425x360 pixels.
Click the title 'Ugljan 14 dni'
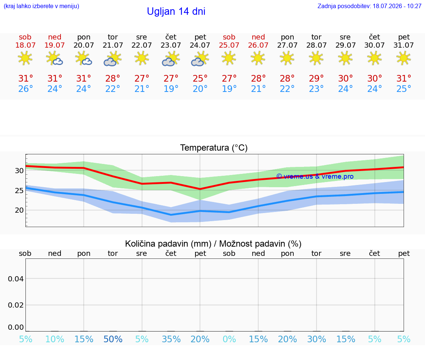tap(176, 11)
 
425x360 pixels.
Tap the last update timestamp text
tap(369, 6)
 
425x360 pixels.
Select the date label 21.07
tap(113, 45)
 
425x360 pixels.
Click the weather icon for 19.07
tap(55, 58)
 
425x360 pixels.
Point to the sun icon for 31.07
tap(404, 58)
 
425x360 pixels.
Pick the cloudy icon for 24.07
tap(200, 59)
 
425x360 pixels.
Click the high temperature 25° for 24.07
tap(200, 78)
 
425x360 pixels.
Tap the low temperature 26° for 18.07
tap(25, 89)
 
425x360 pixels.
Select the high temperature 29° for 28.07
tap(316, 78)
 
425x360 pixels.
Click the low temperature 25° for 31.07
tap(404, 89)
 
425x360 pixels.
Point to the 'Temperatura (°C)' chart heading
tap(214, 148)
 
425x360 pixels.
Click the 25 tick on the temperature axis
tap(19, 191)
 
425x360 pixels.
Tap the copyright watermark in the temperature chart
tap(315, 176)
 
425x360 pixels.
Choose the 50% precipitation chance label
tap(113, 339)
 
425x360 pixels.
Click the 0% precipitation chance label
tap(229, 339)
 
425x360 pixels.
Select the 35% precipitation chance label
tap(171, 339)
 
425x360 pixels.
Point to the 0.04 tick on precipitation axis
tap(16, 279)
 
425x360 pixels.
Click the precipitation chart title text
tap(213, 244)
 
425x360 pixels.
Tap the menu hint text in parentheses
tap(41, 6)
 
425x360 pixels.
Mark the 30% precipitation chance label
tap(316, 339)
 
